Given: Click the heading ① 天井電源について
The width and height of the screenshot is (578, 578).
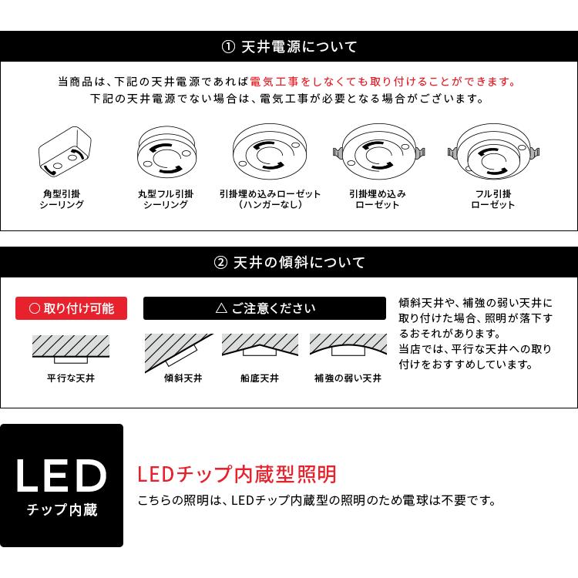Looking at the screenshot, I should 289,47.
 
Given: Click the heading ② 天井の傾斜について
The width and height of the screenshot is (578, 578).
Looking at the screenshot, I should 289,263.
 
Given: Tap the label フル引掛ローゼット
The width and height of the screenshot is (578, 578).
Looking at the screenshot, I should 492,199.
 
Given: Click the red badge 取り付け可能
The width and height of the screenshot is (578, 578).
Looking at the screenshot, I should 71,308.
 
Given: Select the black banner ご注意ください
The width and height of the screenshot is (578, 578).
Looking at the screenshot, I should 265,308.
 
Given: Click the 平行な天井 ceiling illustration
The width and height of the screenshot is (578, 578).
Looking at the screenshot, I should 71,349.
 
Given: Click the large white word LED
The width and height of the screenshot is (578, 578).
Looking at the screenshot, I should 62,477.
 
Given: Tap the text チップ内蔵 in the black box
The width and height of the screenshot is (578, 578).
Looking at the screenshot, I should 62,510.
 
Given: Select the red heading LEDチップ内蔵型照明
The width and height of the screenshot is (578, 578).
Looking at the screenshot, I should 237,473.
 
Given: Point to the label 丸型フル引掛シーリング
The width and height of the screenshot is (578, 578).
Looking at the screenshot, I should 166,199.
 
